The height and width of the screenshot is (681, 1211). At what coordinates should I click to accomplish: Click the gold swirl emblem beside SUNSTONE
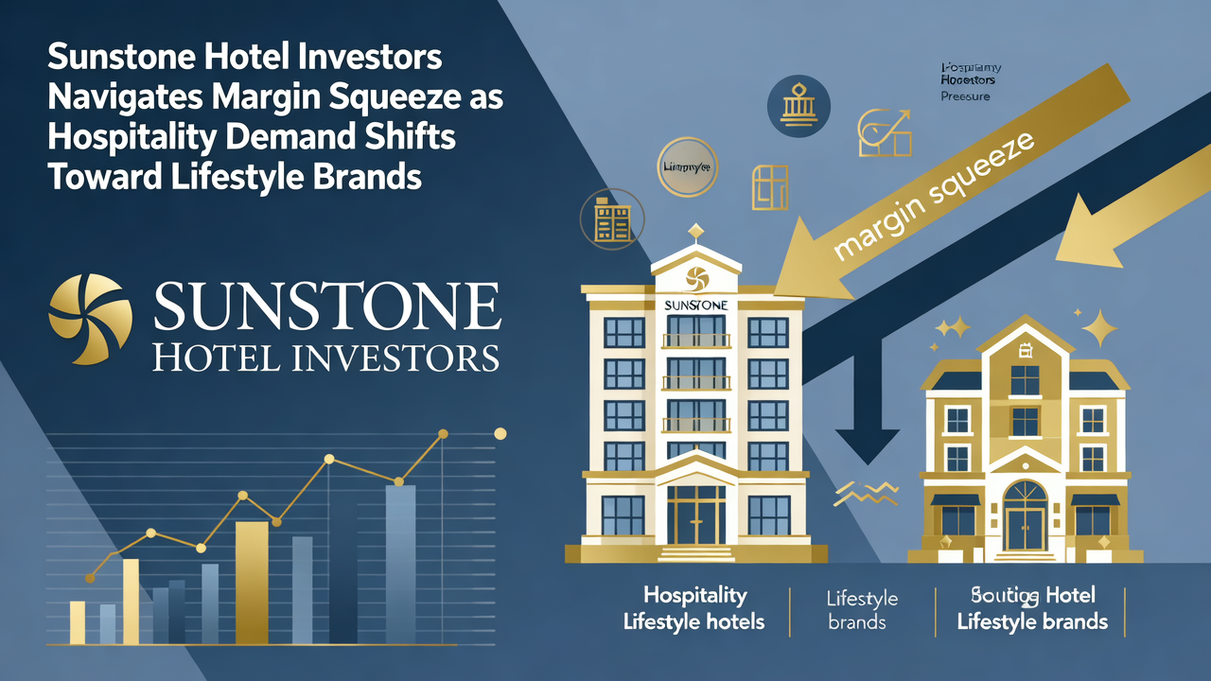point(90,319)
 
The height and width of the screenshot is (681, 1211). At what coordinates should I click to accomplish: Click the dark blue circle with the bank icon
point(798,106)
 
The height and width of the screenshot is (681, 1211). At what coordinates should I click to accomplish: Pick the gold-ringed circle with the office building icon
point(611,219)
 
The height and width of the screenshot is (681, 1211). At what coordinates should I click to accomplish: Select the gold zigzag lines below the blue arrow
point(866,492)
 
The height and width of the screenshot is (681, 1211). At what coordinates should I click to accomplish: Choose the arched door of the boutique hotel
point(1026,518)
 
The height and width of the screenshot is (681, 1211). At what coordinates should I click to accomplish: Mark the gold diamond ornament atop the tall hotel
point(695,230)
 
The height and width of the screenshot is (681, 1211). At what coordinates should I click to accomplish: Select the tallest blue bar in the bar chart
point(400,564)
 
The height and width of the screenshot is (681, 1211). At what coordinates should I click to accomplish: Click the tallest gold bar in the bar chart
point(252,582)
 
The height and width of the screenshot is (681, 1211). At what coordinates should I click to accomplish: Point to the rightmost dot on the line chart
point(500,433)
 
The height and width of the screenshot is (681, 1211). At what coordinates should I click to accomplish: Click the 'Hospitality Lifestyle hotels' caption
point(694,609)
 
